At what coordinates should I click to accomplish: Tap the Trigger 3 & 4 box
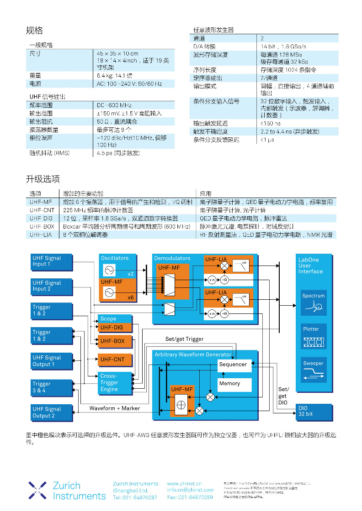pyautogui.click(x=52, y=387)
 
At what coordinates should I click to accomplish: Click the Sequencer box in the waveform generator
pyautogui.click(x=233, y=365)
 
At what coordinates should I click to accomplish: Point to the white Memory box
pyautogui.click(x=234, y=384)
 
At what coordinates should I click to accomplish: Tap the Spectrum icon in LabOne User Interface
pyautogui.click(x=314, y=303)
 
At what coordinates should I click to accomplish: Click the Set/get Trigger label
pyautogui.click(x=184, y=339)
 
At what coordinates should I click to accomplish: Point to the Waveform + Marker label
pyautogui.click(x=114, y=408)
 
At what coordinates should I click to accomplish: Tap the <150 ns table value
pyautogui.click(x=271, y=123)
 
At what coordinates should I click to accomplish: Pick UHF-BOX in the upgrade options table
pyautogui.click(x=42, y=226)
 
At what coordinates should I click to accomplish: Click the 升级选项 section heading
pyautogui.click(x=43, y=179)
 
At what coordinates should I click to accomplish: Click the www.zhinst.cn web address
pyautogui.click(x=184, y=484)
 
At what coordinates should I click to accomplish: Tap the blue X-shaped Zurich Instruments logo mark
pyautogui.click(x=37, y=490)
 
